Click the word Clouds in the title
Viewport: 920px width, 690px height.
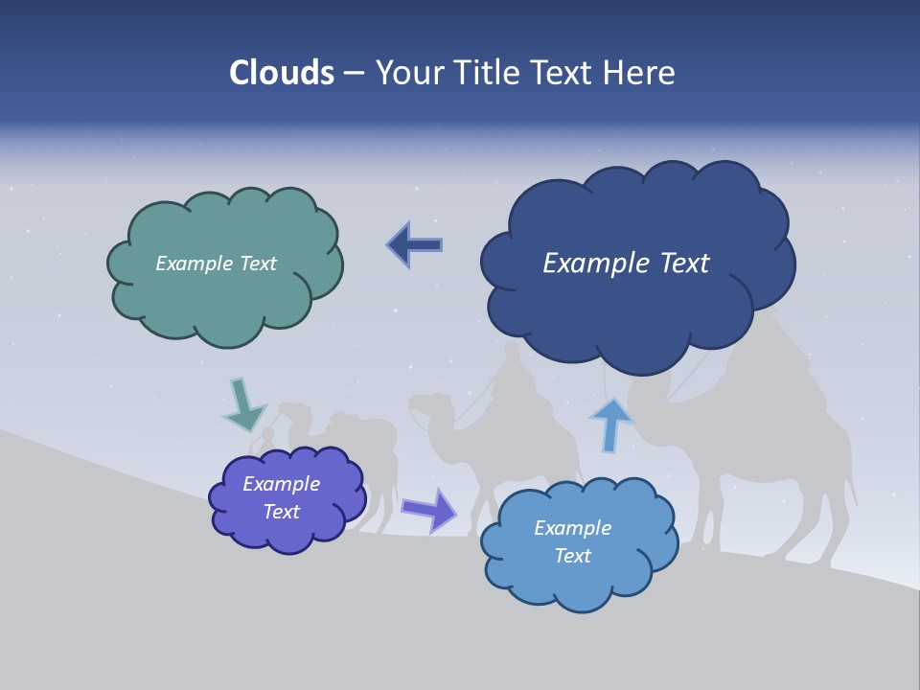tap(281, 73)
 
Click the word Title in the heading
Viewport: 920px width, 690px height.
tap(490, 73)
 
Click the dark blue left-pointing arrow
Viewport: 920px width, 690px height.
tap(415, 244)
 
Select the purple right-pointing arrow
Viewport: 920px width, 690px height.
tap(429, 509)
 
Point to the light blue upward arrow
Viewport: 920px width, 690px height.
tap(610, 423)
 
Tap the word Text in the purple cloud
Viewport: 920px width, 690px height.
tap(281, 512)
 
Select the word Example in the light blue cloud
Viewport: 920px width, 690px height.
tap(572, 528)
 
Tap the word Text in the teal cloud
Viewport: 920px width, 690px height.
tap(257, 264)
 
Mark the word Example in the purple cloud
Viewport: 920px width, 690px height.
tap(281, 484)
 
